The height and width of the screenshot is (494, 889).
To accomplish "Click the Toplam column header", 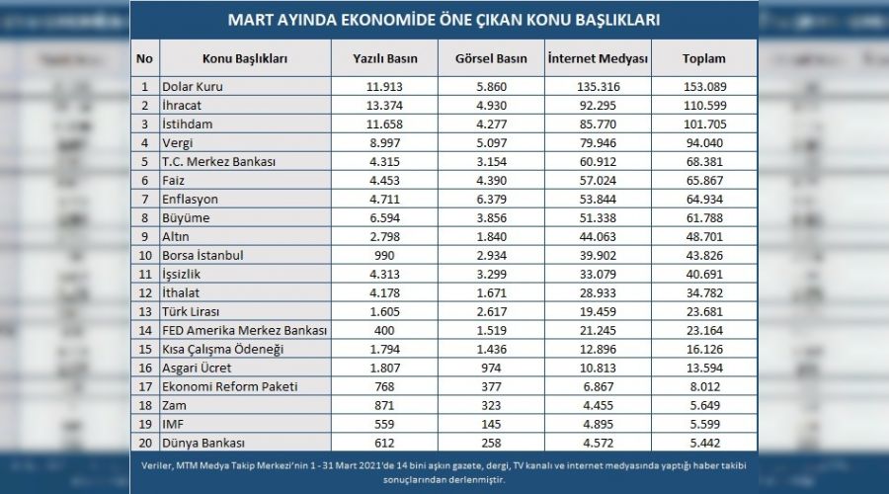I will pyautogui.click(x=703, y=59).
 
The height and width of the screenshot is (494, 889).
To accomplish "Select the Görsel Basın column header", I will pyautogui.click(x=491, y=59).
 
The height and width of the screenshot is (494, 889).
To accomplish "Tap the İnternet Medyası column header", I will pyautogui.click(x=598, y=59).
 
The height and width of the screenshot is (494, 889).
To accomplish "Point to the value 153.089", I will pyautogui.click(x=703, y=87).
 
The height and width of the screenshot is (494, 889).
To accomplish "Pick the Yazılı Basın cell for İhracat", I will pyautogui.click(x=385, y=106).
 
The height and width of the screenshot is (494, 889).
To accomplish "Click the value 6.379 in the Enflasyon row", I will pyautogui.click(x=491, y=200).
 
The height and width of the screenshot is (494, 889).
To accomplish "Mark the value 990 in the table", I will pyautogui.click(x=385, y=256).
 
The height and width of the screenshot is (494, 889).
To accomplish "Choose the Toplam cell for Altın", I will pyautogui.click(x=703, y=237).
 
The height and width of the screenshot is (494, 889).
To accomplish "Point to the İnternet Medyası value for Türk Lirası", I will pyautogui.click(x=598, y=311).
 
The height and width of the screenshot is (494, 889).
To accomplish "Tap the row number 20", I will pyautogui.click(x=144, y=443).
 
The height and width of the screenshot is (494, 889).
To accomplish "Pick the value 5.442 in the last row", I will pyautogui.click(x=703, y=443).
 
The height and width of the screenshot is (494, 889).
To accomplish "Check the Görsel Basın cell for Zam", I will pyautogui.click(x=491, y=405).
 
